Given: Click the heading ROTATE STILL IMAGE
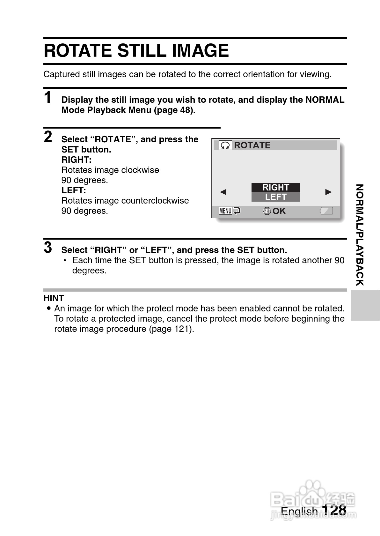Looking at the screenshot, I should coord(136,51).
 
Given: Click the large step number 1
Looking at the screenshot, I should coord(48,97).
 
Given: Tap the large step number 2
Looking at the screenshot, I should coord(48,137).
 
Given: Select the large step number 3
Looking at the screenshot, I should coord(48,248).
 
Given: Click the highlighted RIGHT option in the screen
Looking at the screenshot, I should coord(275,187).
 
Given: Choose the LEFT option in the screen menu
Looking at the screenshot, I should coord(275,197).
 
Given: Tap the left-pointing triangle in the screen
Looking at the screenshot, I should coord(223,192).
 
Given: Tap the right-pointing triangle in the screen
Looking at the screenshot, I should coord(328,192).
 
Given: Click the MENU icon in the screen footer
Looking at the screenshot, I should coord(225,211).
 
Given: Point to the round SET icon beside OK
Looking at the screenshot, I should coord(267,211).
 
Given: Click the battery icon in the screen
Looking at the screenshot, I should coord(326,211).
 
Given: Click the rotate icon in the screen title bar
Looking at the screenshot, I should coord(225,145).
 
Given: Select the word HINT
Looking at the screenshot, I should coord(54,298).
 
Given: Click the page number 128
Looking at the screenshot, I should coord(334,510).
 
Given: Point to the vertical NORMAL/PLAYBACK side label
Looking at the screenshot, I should coord(360,235).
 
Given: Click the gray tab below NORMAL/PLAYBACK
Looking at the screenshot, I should coord(365,305).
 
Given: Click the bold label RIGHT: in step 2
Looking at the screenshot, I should coord(77,160).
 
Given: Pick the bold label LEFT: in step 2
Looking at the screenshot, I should coord(74,190).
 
